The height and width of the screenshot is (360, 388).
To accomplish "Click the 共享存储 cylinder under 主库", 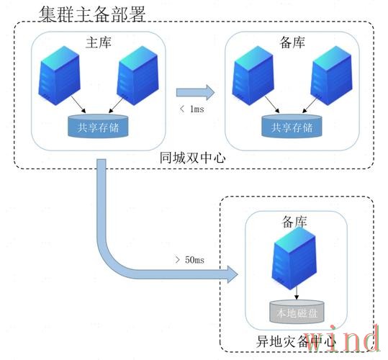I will click(x=98, y=127).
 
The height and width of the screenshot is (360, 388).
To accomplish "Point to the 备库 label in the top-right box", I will click(x=297, y=43).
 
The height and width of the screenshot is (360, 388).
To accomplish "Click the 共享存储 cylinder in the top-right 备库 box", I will click(x=292, y=127).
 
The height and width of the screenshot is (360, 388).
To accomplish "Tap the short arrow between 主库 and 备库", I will click(x=196, y=91).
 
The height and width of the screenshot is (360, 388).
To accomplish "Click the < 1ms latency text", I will click(x=191, y=109).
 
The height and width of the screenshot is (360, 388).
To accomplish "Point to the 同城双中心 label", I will click(x=189, y=156).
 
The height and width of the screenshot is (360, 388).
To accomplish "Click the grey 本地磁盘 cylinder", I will click(x=296, y=311).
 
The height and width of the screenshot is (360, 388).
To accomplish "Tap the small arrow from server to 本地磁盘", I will click(x=295, y=294).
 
